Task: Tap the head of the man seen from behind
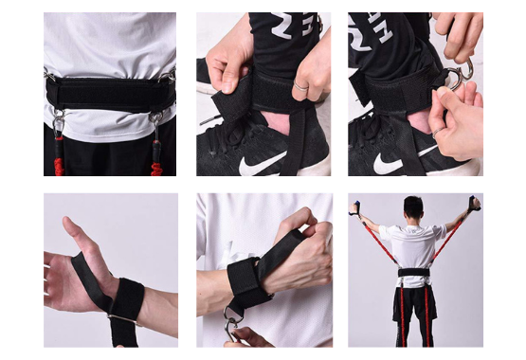[413, 207]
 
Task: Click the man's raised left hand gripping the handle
[356, 207]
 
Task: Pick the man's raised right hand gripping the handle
[474, 203]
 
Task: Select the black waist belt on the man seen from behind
[412, 273]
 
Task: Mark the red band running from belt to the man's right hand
[449, 241]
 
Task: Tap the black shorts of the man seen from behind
[413, 301]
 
